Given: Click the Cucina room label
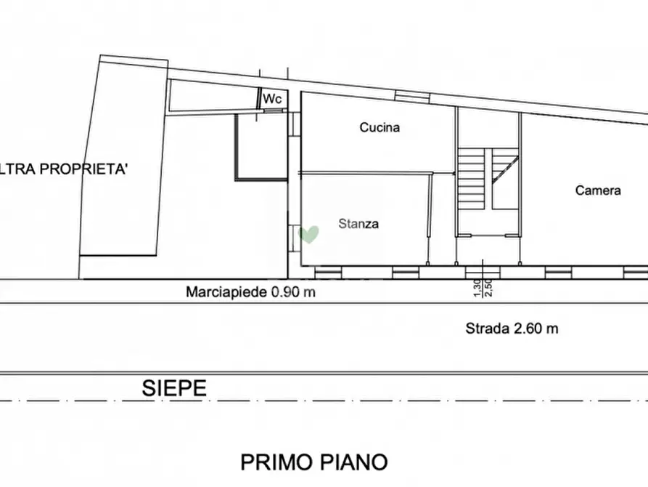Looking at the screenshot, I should click(x=380, y=128).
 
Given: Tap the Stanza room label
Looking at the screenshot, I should click(x=358, y=225).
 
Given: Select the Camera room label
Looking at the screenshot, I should click(x=598, y=190).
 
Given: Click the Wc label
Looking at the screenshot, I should click(x=272, y=98).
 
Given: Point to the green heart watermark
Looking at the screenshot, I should click(x=310, y=234).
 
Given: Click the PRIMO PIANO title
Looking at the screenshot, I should click(x=314, y=462).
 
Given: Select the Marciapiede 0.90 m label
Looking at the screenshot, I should click(x=251, y=292).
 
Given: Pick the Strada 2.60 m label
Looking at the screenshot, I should click(x=512, y=329).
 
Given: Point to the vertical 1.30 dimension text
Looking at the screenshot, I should click(x=477, y=289).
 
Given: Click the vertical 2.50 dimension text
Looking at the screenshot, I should click(x=488, y=289).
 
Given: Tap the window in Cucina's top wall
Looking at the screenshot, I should click(x=412, y=97).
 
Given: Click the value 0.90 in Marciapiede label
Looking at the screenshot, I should click(x=284, y=292).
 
